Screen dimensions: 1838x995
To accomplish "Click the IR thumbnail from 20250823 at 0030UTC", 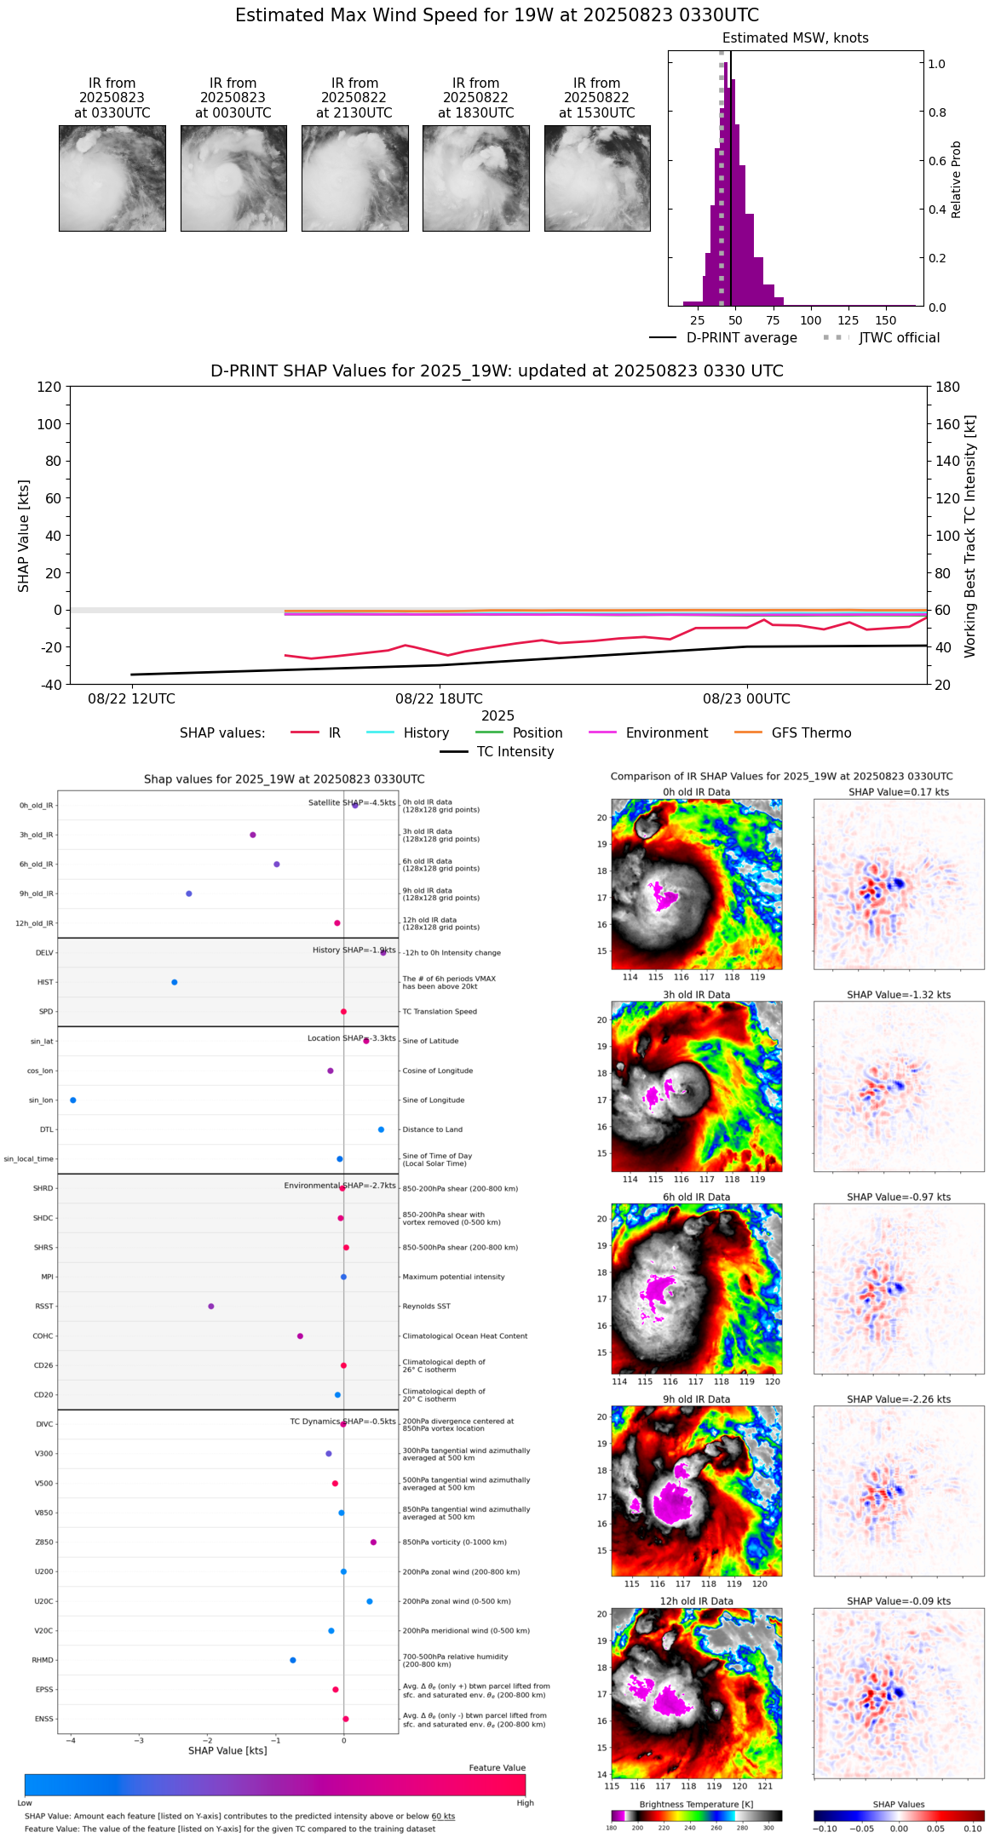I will click(233, 178).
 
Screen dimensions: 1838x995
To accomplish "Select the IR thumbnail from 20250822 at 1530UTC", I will click(597, 178).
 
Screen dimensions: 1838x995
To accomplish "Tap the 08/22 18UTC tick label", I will click(439, 699).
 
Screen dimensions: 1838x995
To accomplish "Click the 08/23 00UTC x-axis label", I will click(746, 699).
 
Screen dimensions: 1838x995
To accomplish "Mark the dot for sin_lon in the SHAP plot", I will click(73, 1100).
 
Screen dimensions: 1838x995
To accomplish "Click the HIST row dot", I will click(175, 982).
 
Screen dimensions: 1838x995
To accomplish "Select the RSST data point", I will click(211, 1307).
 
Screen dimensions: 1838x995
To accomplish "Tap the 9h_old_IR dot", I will click(189, 893).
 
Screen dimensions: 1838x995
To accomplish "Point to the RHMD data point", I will click(293, 1660).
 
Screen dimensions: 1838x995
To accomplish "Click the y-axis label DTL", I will click(46, 1130).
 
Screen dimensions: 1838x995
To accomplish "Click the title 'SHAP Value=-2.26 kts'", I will click(899, 1399).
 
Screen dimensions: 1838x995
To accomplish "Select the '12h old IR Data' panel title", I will click(696, 1601).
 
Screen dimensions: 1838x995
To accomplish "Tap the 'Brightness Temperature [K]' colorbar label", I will click(696, 1805).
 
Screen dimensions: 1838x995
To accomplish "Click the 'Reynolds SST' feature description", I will click(426, 1307).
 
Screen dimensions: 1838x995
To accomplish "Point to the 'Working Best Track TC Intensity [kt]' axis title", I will click(970, 537).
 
